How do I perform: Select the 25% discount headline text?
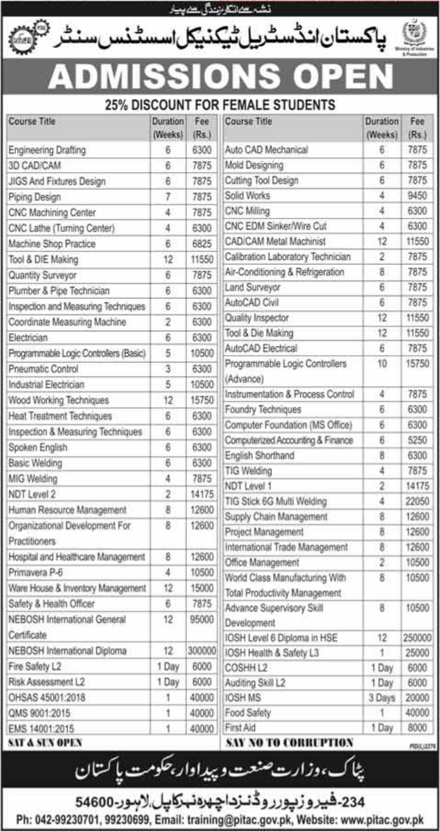coord(219,105)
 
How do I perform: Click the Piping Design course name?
coord(35,197)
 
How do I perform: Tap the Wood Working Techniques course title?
coord(59,401)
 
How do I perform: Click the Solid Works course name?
coord(247,196)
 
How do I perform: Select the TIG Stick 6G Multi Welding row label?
coord(276,502)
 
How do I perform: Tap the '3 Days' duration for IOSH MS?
coord(382,697)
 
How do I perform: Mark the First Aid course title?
coord(241,728)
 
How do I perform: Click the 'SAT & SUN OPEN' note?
coord(45,743)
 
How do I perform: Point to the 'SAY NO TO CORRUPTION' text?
coord(289,743)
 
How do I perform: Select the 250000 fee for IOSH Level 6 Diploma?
coord(417,638)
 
